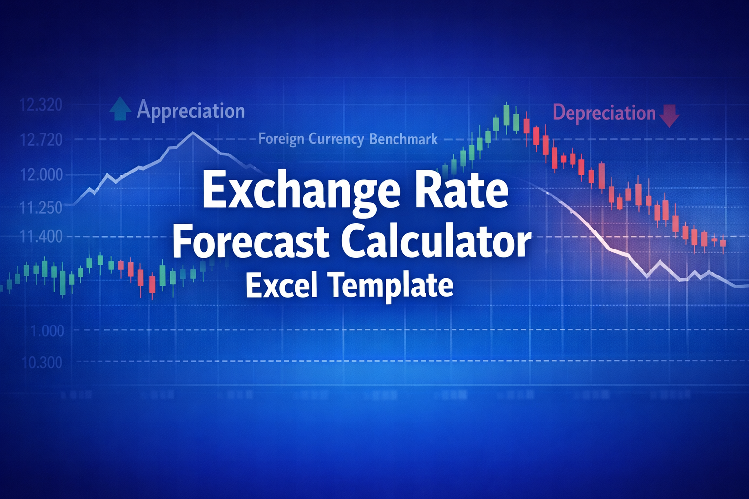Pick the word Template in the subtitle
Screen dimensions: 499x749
coord(392,286)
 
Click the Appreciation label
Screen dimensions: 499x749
coord(191,111)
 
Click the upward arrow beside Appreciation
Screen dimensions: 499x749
coord(120,109)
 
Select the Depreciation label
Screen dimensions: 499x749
coord(604,113)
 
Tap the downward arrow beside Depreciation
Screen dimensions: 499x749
coord(669,115)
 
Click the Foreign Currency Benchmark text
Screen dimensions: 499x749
coord(348,139)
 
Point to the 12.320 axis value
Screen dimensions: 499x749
coord(41,105)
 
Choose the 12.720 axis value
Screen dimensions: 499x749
coord(41,140)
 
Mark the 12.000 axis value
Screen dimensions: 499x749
coord(41,174)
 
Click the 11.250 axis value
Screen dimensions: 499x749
coord(41,208)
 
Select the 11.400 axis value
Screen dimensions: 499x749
coord(41,237)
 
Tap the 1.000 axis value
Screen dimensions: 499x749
coord(47,331)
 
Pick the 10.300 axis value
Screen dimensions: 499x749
coord(41,363)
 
